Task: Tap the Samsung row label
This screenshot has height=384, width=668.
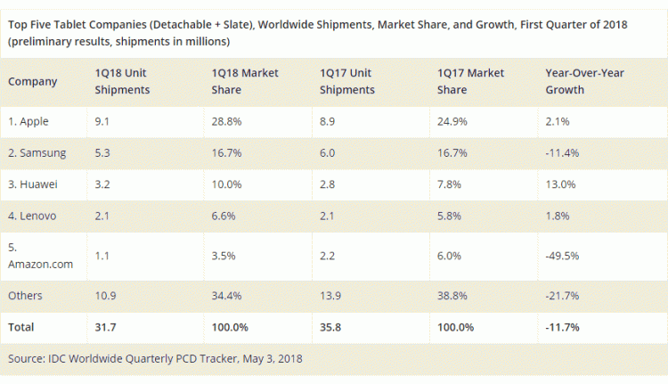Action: click(x=37, y=152)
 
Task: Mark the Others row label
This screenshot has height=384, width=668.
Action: click(x=25, y=295)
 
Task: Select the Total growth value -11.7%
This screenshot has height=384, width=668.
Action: click(x=563, y=327)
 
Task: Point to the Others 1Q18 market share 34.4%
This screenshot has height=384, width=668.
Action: click(x=229, y=295)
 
